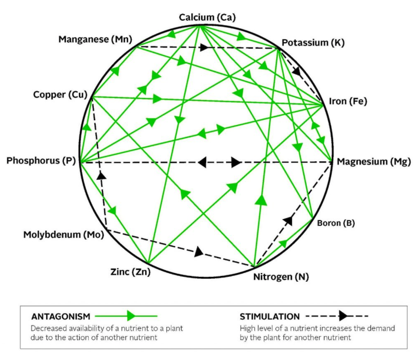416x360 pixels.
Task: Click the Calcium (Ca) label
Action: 207,17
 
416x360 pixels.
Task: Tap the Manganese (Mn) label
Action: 95,39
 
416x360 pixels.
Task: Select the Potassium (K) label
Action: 313,42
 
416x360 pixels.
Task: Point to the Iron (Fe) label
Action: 348,101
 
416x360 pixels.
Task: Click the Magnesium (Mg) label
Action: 374,161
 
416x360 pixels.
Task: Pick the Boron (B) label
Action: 336,223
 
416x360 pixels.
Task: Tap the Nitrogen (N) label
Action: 281,277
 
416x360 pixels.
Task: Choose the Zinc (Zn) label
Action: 130,272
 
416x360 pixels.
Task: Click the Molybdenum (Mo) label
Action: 63,235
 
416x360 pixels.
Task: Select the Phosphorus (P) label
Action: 41,161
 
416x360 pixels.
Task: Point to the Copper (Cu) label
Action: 60,95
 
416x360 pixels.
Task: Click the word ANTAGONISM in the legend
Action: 61,316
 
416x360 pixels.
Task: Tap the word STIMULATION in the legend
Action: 269,316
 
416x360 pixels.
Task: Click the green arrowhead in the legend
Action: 131,316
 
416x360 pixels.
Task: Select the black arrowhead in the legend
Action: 343,316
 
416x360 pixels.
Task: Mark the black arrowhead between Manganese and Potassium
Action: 204,48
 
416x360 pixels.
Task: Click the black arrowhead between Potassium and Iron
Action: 296,71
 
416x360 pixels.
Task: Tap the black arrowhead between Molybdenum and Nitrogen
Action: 199,252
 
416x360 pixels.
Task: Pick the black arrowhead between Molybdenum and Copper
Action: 101,175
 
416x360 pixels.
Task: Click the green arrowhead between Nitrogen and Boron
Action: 283,243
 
